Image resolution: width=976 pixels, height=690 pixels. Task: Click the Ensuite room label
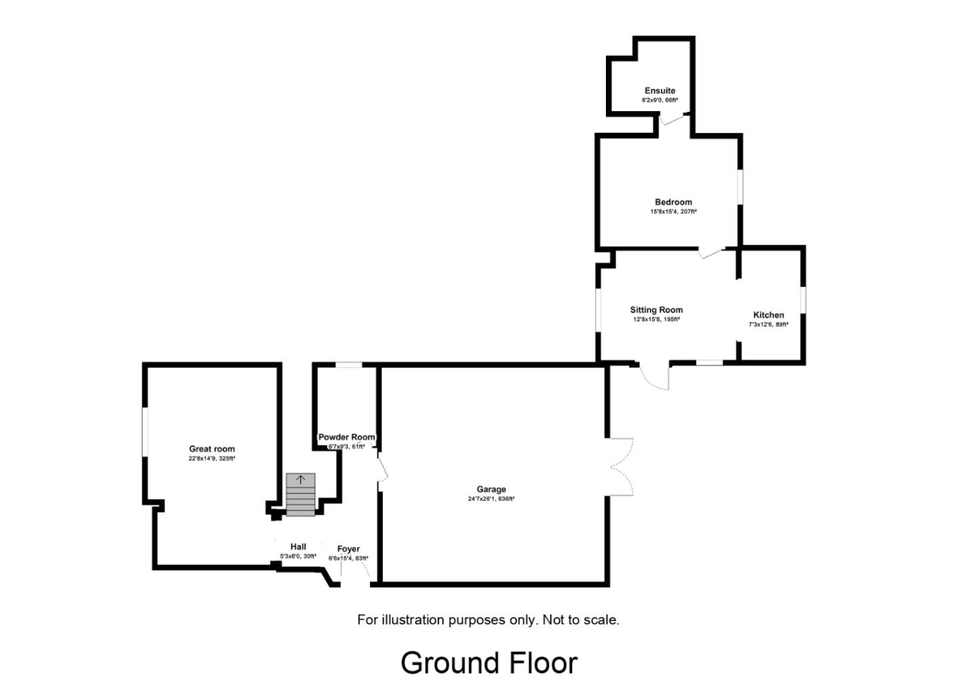point(659,90)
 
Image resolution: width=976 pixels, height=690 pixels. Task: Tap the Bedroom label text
point(673,202)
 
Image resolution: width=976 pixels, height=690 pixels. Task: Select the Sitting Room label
point(656,310)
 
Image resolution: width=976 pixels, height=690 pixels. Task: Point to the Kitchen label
point(769,314)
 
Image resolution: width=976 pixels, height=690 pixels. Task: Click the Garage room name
point(491,489)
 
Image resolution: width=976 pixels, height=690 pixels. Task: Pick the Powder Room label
point(346,437)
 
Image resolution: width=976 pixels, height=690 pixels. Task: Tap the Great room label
point(211,449)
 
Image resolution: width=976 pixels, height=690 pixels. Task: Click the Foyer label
point(348,548)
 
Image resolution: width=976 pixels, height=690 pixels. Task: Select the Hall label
point(298,546)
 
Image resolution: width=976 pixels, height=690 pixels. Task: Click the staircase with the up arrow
point(301,494)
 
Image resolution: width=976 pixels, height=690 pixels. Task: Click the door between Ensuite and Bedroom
point(672,119)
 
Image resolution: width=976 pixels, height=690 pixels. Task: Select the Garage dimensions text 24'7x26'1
point(491,499)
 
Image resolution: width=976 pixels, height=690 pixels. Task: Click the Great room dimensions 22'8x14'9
point(211,459)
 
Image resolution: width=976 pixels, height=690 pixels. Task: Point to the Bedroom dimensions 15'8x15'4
point(673,211)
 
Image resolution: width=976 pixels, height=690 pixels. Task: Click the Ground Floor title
point(489,663)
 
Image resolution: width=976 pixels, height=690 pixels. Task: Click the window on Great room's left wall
point(144,432)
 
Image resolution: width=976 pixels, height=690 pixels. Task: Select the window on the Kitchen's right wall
point(803,300)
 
